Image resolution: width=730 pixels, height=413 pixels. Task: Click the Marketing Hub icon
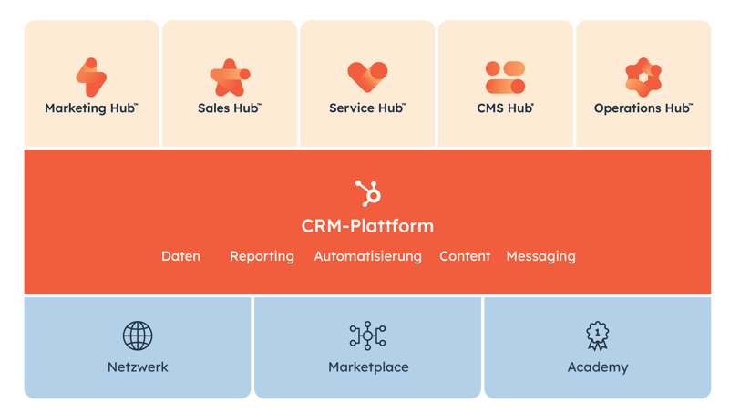91,77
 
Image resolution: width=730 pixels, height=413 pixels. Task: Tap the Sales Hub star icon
230,77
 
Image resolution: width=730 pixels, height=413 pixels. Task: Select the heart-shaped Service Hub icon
367,77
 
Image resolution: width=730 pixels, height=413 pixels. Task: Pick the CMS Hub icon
505,77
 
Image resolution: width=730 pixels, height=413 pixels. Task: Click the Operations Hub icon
643,77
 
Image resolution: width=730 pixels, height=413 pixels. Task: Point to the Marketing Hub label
91,108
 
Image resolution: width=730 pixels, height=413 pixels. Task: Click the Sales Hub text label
230,108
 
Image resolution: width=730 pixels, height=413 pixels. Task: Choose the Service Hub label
367,108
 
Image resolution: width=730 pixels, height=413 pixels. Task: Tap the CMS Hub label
505,108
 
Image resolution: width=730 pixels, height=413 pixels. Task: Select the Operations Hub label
643,108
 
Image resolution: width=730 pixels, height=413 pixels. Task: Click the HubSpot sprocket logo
367,192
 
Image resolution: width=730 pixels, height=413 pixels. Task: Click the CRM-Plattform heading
367,225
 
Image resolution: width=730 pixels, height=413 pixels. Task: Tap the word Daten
180,256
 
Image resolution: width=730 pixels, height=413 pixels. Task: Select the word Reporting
262,256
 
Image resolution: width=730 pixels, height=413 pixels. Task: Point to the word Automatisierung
367,256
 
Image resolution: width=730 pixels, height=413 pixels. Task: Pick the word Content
465,256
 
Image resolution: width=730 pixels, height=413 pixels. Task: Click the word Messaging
540,256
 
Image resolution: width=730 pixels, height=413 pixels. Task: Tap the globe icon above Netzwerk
138,336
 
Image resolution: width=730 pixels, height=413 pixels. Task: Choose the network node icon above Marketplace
367,336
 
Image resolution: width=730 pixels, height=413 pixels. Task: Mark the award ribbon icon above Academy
598,336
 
